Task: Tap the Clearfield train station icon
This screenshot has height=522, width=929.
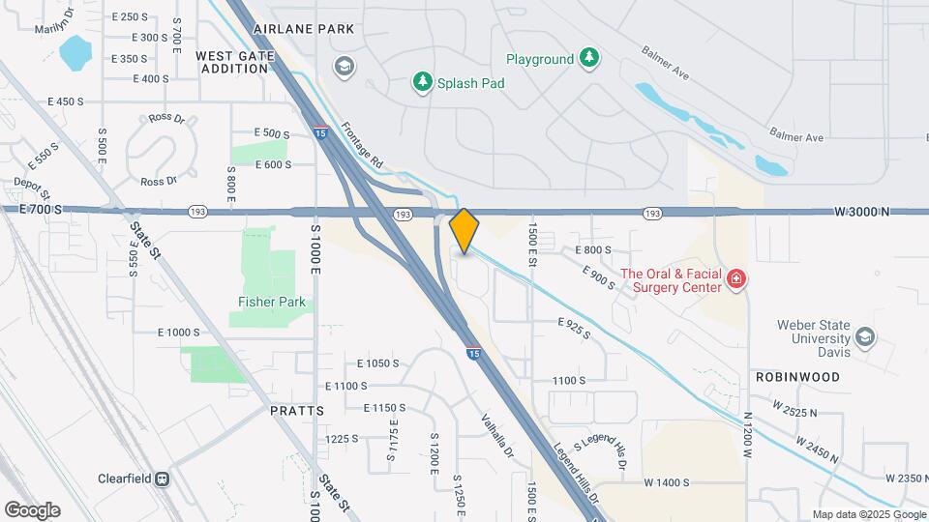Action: click(163, 478)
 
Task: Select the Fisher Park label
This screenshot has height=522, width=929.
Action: click(272, 303)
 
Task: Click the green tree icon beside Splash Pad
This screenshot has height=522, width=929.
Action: click(422, 82)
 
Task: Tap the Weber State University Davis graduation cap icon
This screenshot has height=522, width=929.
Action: click(865, 336)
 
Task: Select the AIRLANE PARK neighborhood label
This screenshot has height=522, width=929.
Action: click(304, 29)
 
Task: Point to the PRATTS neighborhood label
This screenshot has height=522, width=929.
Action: click(297, 411)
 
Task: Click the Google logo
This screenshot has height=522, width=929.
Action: click(32, 510)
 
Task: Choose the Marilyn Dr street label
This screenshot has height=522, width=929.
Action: click(54, 21)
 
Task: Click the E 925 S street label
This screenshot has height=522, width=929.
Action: click(574, 327)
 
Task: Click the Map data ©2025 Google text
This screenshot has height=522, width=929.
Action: click(867, 514)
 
